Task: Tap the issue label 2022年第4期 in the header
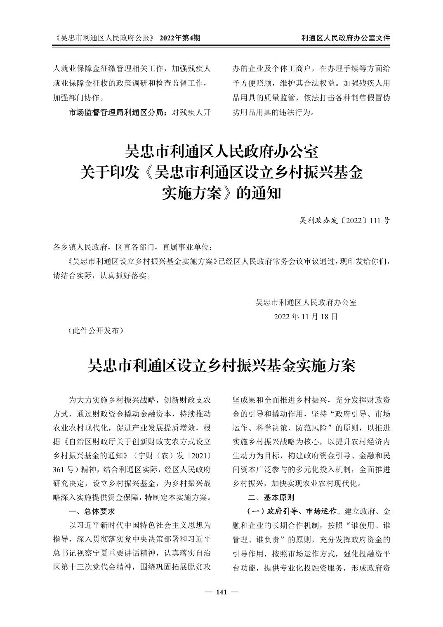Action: pos(179,38)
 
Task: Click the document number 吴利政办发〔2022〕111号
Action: pos(344,220)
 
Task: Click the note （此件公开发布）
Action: pos(95,330)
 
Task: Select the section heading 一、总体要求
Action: pos(92,511)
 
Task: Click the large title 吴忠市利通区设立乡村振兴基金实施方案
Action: pos(221,365)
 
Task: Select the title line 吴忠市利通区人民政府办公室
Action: pos(221,152)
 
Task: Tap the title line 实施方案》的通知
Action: pos(221,193)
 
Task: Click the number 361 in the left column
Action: pos(60,469)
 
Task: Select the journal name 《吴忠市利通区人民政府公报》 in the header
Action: pos(104,38)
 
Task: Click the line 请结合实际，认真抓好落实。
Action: pos(102,275)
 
